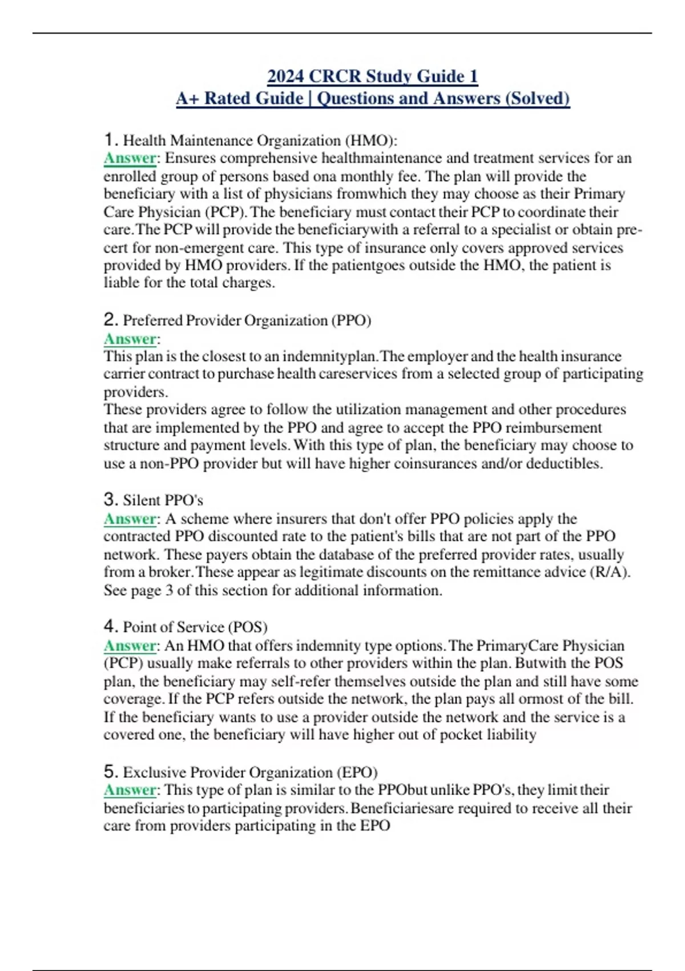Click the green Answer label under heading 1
pos(130,158)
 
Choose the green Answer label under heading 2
pos(130,339)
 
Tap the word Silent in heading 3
pos(142,500)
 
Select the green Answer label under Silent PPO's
pos(130,519)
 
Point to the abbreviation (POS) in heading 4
pos(248,627)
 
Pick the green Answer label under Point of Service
pos(130,645)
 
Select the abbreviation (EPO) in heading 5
pos(357,772)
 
